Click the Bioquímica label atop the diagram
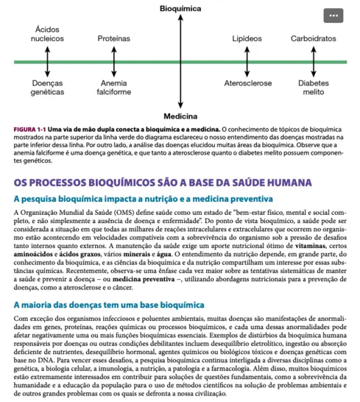coord(180,7)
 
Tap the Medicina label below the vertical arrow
coord(180,117)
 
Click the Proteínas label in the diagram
coord(114,38)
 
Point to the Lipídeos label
coord(247,38)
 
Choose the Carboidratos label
coord(314,38)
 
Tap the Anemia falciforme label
coord(114,88)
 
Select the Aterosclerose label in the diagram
coord(247,84)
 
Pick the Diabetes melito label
coord(314,88)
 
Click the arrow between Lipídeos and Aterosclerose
coord(247,61)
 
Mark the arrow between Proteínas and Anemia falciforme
coord(114,61)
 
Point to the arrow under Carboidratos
coord(314,61)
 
